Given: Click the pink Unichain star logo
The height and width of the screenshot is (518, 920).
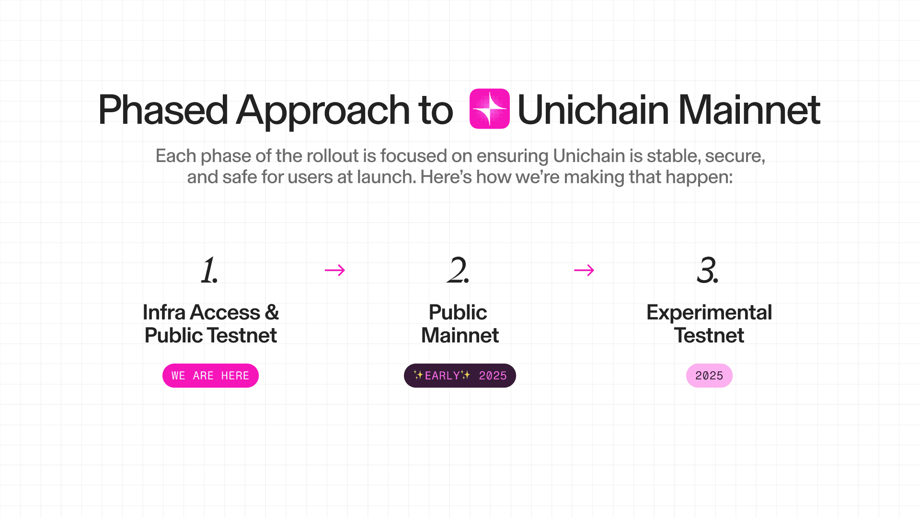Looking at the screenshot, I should pos(489,109).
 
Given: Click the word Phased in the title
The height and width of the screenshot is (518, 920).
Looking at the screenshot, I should pos(162,110).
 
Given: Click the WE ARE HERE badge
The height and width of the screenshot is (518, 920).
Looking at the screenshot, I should pos(210,376).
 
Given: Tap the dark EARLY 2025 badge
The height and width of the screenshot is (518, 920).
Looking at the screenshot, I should pos(460,376).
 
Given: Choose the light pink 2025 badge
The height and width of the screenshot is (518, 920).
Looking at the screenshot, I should pos(709,376).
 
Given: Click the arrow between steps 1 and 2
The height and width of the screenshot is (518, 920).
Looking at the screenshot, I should pos(335,271).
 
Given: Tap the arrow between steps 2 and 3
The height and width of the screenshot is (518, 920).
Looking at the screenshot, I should pos(584,271).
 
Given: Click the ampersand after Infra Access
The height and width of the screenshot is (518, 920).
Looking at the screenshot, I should pos(272,312).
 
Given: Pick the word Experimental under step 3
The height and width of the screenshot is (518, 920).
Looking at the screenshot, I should pos(709,313).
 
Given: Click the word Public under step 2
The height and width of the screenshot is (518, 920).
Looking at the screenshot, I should pos(458,312).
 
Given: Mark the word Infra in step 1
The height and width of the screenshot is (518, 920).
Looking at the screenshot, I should pos(164,312).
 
